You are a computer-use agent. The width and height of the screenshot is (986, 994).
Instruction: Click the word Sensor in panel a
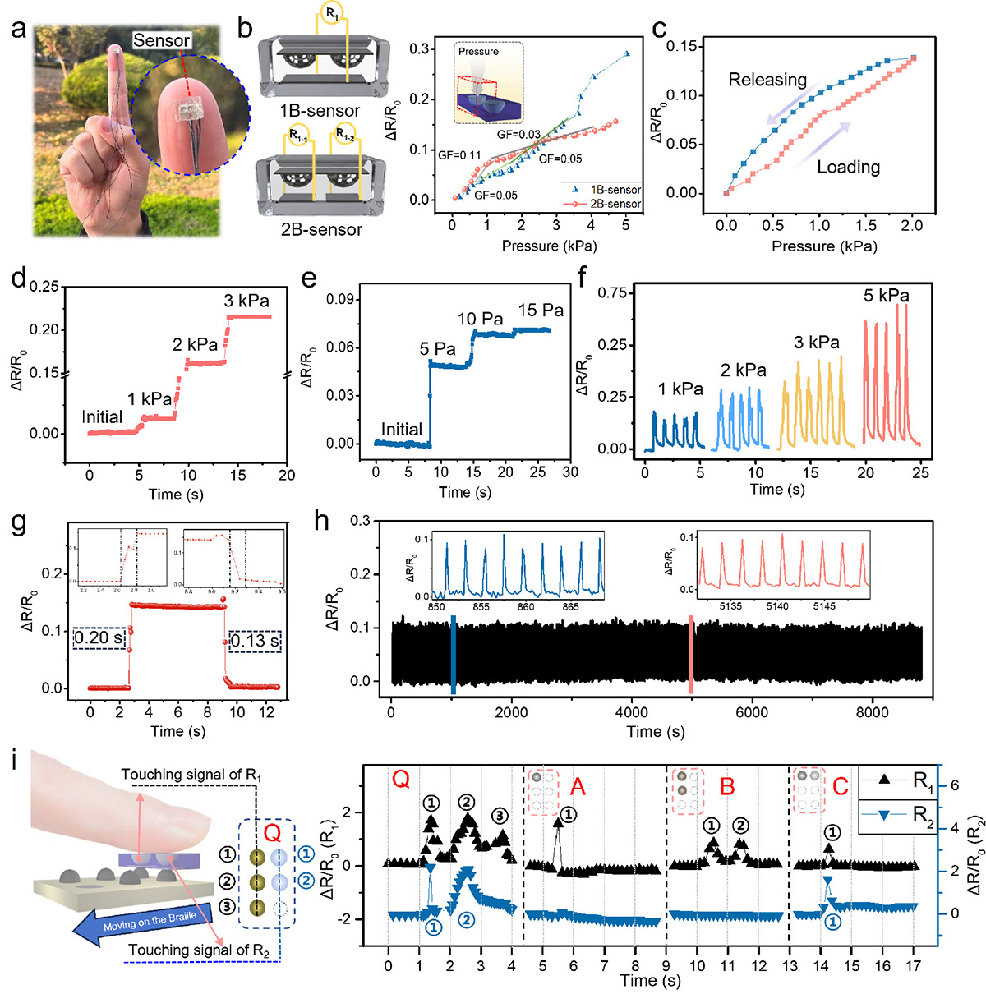[x=161, y=40]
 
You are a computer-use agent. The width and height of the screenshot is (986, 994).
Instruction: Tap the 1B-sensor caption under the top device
[x=320, y=111]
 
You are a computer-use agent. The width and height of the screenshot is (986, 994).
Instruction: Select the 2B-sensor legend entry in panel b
[x=615, y=204]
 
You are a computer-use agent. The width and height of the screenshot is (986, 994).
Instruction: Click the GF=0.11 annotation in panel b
[x=459, y=154]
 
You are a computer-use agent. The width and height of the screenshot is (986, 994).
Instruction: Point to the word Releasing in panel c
[x=767, y=80]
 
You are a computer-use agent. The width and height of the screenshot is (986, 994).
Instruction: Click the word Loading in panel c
[x=848, y=167]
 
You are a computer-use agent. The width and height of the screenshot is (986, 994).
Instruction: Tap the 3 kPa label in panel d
[x=246, y=301]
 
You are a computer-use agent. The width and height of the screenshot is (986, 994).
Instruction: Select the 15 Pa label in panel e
[x=541, y=311]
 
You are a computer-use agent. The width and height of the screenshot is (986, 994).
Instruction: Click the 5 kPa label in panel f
[x=886, y=296]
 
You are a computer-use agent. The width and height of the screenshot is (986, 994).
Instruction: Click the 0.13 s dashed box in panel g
[x=255, y=641]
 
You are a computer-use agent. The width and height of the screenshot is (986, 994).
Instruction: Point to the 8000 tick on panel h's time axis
[x=872, y=713]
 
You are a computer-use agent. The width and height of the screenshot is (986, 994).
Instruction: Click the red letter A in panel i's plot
[x=578, y=788]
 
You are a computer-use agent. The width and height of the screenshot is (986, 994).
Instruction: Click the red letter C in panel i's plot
[x=840, y=787]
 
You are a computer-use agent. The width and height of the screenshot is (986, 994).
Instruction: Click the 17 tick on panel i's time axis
[x=913, y=965]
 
